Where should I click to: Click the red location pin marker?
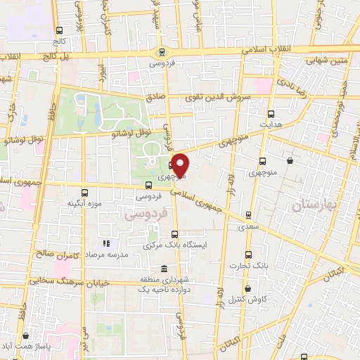181,165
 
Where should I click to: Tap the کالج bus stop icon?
60,30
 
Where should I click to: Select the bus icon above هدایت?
271,113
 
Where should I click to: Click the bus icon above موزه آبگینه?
84,192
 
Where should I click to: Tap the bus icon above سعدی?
247,215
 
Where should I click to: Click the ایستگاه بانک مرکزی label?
172,245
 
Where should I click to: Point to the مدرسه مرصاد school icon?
98,252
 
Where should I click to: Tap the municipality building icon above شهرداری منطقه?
164,269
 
